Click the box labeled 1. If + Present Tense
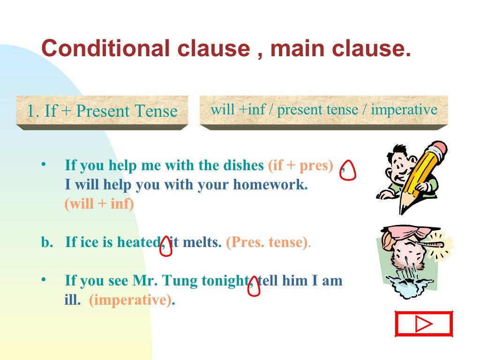pyautogui.click(x=102, y=111)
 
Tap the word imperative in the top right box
pyautogui.click(x=404, y=110)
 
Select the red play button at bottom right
pyautogui.click(x=424, y=323)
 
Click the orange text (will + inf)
pyautogui.click(x=99, y=204)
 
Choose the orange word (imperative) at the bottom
pyautogui.click(x=130, y=300)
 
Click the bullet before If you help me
pyautogui.click(x=43, y=165)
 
